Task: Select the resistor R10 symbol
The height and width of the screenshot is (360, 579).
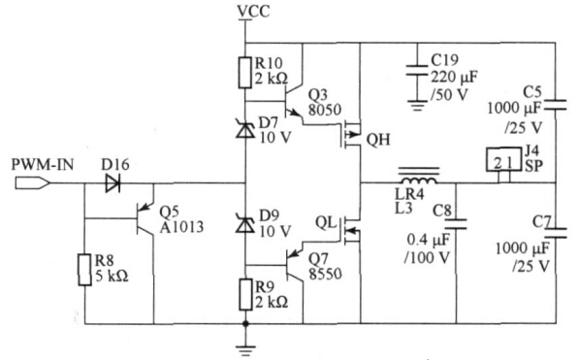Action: pos(244,73)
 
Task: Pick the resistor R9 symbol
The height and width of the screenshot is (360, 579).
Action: pos(244,291)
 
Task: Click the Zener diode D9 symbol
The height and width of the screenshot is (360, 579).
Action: pos(244,224)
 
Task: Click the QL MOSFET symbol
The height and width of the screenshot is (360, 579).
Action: pos(346,229)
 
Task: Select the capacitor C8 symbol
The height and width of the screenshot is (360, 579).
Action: pos(458,223)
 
